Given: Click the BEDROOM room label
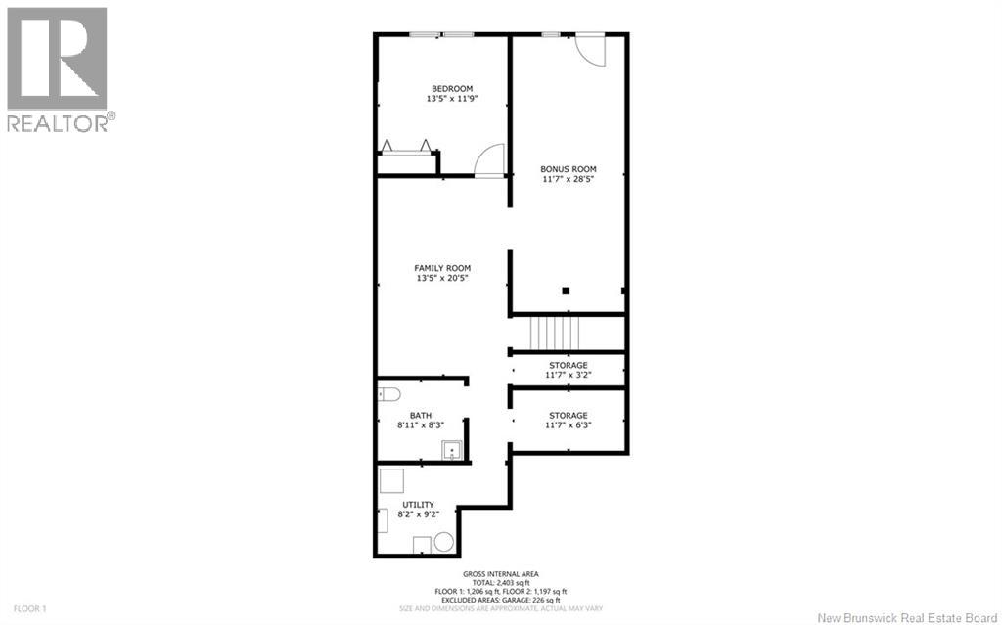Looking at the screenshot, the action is point(452,89).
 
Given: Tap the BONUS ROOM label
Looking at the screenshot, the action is point(569,169).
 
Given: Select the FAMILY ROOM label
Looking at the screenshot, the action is point(442,268).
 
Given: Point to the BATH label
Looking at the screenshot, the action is point(421,416).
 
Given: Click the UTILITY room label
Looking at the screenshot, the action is point(418,505).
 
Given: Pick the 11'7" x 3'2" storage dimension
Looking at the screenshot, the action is point(569,376).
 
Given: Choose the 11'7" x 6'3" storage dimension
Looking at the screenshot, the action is point(569,424).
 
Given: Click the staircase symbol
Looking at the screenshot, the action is point(555,333).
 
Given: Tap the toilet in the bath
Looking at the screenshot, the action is point(388,393).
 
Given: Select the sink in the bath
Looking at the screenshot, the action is point(452,450).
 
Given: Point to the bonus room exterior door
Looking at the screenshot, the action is point(590,50).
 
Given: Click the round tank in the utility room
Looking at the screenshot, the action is point(443,543).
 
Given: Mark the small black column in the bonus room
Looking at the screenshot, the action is point(566,290).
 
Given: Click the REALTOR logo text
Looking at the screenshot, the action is point(62,123).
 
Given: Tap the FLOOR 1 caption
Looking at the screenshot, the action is point(29,609).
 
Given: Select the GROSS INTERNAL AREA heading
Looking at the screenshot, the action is point(501,574).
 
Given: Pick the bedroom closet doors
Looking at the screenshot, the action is point(406,148).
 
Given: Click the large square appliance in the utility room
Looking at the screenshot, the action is point(391,481).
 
